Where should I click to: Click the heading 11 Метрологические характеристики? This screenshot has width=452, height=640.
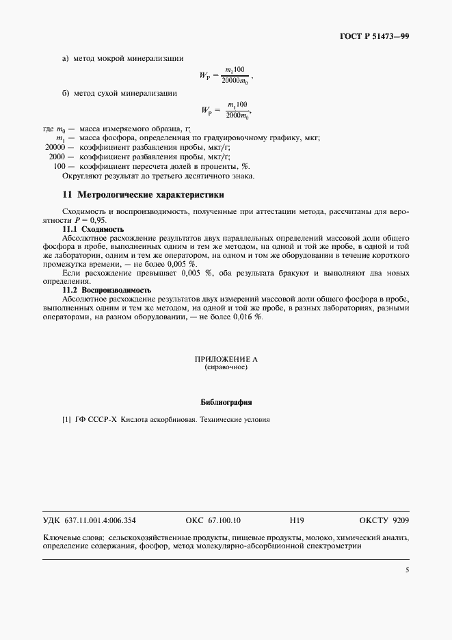143,195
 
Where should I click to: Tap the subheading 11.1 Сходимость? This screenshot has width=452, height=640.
93,229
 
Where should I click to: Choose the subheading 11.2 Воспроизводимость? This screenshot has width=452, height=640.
106,290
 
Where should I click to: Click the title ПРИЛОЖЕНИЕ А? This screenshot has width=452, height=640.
226,359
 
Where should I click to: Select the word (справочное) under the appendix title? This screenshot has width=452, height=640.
226,367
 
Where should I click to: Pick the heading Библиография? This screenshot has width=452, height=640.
226,401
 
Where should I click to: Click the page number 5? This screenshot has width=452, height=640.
407,570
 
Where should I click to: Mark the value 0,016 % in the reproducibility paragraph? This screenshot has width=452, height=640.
248,318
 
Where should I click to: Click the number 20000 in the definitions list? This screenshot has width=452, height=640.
55,147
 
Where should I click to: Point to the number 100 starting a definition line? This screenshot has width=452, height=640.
59,166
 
